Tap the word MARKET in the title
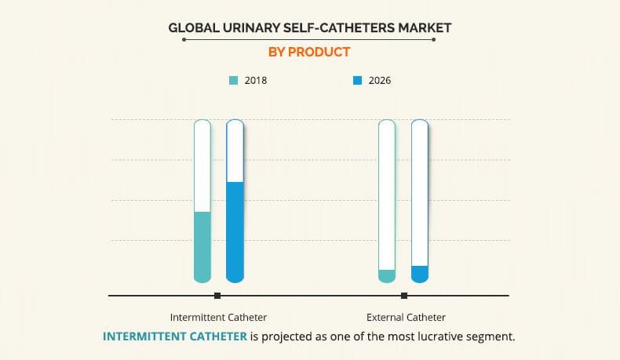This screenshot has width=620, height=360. (422, 28)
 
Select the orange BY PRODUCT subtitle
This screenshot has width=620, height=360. (311, 53)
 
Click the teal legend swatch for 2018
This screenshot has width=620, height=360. (233, 80)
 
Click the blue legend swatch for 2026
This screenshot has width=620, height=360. (357, 80)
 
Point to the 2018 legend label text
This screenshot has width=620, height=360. (256, 80)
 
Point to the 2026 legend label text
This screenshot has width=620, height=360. (380, 80)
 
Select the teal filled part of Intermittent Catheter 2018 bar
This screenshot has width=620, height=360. (202, 246)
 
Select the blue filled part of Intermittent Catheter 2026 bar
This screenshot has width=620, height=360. (235, 231)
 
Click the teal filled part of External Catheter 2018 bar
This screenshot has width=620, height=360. (386, 275)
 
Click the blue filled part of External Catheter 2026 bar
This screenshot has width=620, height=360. (419, 274)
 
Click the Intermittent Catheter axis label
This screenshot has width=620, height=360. (218, 318)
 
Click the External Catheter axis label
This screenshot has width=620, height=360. (406, 318)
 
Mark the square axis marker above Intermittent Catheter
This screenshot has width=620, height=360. (217, 296)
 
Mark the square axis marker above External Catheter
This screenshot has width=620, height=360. (404, 296)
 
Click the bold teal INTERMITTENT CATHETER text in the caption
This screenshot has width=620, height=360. (175, 336)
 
